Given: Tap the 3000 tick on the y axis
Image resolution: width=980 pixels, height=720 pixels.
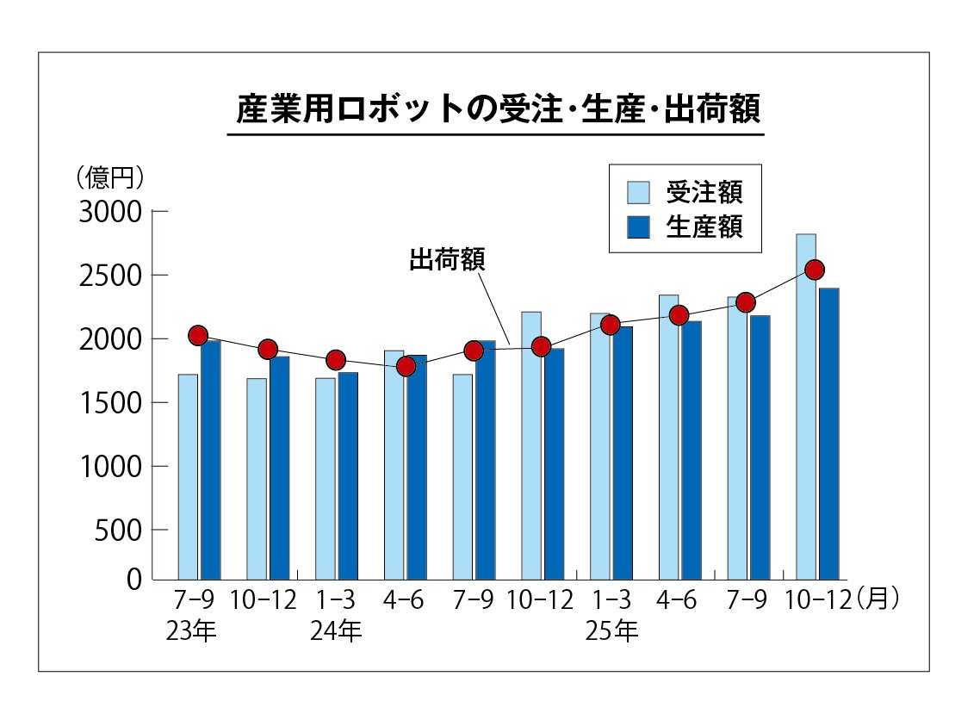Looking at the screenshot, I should (109, 212).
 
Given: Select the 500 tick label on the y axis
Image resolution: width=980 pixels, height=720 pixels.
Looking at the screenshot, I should (118, 531).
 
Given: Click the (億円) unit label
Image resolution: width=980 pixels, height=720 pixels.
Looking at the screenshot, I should (109, 177).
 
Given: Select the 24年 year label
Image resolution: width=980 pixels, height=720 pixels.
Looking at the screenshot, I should (336, 632).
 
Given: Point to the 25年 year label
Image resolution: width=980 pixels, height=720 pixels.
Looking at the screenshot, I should (611, 632).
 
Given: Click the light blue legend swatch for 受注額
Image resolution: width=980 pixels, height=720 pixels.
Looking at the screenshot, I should (639, 192).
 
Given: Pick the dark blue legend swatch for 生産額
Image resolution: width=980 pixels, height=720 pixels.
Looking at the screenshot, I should (639, 227).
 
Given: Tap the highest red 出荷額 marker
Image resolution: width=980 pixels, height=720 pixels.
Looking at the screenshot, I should (815, 270).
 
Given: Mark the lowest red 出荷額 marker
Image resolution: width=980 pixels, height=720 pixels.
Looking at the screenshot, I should (406, 366).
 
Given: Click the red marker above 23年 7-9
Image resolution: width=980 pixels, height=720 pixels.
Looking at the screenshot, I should (198, 335).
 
